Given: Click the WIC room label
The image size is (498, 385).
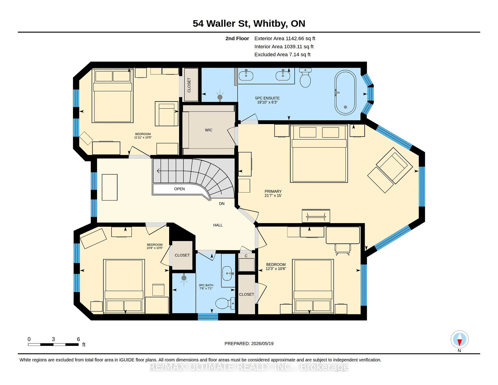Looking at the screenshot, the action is [x=209, y=130].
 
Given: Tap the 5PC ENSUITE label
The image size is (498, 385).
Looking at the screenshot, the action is [x=267, y=98].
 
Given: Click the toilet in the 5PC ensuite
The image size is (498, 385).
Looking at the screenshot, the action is [x=305, y=78].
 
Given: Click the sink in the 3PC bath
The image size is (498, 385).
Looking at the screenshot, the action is [x=227, y=273].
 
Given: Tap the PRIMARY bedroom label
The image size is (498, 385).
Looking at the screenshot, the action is [x=273, y=191].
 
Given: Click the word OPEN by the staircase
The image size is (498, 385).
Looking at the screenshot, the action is [x=179, y=189].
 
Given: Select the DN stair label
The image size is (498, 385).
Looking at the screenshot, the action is [x=222, y=204].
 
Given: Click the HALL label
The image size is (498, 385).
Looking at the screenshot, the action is [x=218, y=225].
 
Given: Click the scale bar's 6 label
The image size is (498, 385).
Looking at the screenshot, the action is [x=78, y=339].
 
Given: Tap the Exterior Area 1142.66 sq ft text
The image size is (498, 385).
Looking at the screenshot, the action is [x=285, y=38].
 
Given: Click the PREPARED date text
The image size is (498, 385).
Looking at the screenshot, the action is [x=249, y=343].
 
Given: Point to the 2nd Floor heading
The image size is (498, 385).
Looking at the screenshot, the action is [x=237, y=38].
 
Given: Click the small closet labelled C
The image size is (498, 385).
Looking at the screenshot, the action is [x=246, y=262].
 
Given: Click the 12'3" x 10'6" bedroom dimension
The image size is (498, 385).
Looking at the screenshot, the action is [x=276, y=269].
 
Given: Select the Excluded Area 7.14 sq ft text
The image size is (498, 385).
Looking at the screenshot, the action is [x=282, y=54].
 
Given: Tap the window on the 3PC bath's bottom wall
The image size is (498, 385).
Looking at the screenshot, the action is [x=208, y=317].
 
